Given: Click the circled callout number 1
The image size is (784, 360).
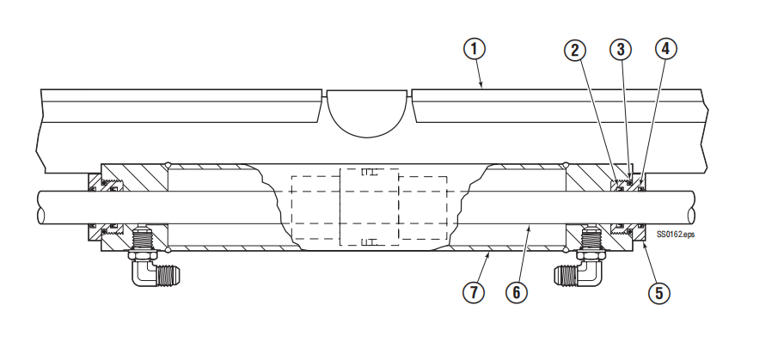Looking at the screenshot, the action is [x=474, y=49].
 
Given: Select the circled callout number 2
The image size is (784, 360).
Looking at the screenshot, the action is [x=574, y=50].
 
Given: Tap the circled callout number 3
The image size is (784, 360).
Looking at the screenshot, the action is [x=621, y=49].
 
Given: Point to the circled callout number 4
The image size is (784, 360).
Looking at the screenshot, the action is [x=666, y=48].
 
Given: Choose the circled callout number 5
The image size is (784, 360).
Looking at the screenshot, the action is [x=659, y=292].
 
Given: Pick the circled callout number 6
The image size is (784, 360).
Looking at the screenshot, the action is [x=516, y=292].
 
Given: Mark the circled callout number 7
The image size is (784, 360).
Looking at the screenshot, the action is [x=474, y=292].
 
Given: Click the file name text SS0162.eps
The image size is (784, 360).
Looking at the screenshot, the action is [x=675, y=234].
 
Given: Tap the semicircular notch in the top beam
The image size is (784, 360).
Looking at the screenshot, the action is [x=366, y=113].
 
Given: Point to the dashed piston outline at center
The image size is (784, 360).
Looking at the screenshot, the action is [x=369, y=207].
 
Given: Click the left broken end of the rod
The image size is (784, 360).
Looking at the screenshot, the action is [x=41, y=207].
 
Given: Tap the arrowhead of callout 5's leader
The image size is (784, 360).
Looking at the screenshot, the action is [x=642, y=243].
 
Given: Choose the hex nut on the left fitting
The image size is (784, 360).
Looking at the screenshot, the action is [x=143, y=255].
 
